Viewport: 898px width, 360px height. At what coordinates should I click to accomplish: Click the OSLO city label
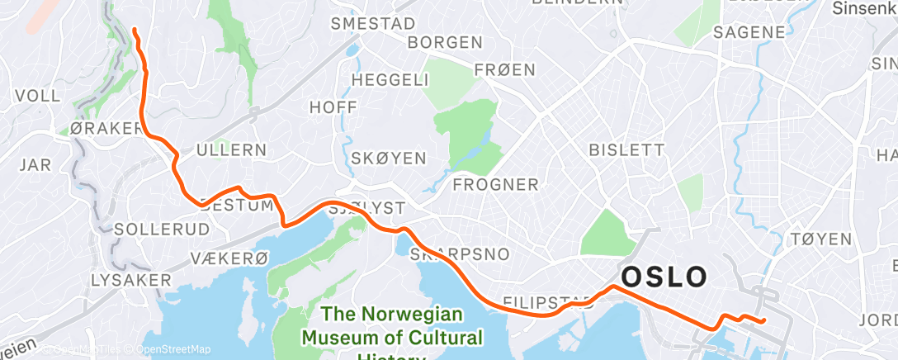click(664, 277)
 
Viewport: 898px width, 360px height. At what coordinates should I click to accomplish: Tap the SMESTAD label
click(372, 24)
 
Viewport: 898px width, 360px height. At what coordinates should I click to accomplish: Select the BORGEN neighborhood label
click(445, 42)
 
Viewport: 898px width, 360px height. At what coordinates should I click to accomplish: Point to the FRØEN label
click(506, 70)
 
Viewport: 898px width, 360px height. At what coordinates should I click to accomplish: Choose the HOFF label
click(329, 107)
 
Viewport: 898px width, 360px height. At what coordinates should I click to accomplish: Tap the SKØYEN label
click(388, 158)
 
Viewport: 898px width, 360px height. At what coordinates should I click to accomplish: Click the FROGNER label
click(496, 183)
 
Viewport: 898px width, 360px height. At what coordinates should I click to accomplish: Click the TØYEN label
click(820, 239)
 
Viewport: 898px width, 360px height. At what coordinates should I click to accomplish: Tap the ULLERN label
click(231, 150)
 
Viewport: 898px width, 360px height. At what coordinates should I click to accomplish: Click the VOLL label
click(38, 96)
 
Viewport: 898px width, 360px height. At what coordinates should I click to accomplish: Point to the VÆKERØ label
click(229, 258)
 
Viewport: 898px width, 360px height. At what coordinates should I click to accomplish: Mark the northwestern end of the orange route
click(135, 31)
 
